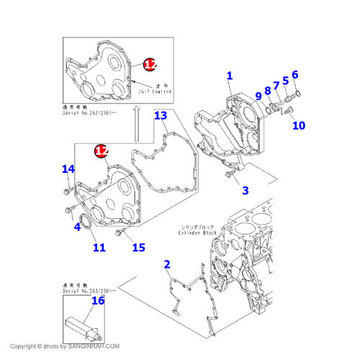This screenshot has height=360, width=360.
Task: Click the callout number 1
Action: coord(230,76)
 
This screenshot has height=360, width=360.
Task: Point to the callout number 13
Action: coord(161,115)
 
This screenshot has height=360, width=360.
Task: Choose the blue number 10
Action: coord(298,125)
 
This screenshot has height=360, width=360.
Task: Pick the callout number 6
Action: coord(294,74)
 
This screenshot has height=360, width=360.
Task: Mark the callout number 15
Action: coord(138,248)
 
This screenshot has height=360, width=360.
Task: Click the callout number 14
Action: coord(68,169)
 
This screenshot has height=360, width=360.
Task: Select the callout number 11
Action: coord(99,248)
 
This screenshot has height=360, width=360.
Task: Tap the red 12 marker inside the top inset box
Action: coord(149,65)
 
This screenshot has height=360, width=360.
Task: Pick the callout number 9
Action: coord(258,96)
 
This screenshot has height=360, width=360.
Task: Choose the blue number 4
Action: coord(76,228)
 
